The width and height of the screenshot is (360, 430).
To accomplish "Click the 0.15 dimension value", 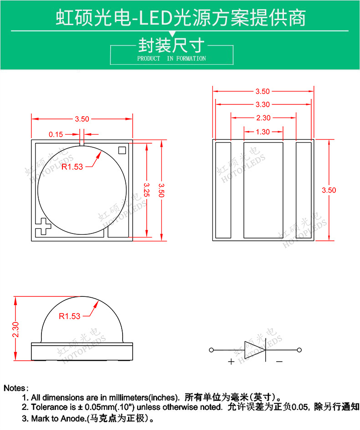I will click(56, 134).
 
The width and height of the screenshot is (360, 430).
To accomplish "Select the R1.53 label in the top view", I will click(73, 166).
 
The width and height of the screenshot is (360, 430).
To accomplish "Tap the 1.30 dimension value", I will click(263, 132).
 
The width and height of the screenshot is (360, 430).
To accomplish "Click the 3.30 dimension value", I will click(263, 104).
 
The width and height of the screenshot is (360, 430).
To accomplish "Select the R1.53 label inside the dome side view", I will click(70, 316).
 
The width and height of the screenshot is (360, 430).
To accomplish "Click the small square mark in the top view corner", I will click(122, 150).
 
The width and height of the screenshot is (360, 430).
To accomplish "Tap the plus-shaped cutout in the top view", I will click(44, 226).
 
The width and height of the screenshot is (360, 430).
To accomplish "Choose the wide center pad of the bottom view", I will click(263, 190).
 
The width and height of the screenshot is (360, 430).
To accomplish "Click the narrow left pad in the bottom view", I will click(223, 190).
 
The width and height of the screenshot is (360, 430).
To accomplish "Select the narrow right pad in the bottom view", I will click(303, 190).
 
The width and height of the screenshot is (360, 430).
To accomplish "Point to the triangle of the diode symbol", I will click(254, 350).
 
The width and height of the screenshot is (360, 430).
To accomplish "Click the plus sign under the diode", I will click(231, 362).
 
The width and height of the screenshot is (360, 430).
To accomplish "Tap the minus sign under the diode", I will click(279, 362).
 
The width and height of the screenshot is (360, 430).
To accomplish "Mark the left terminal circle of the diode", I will click(211, 350).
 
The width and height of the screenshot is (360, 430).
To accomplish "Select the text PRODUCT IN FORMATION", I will click(171, 58).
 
